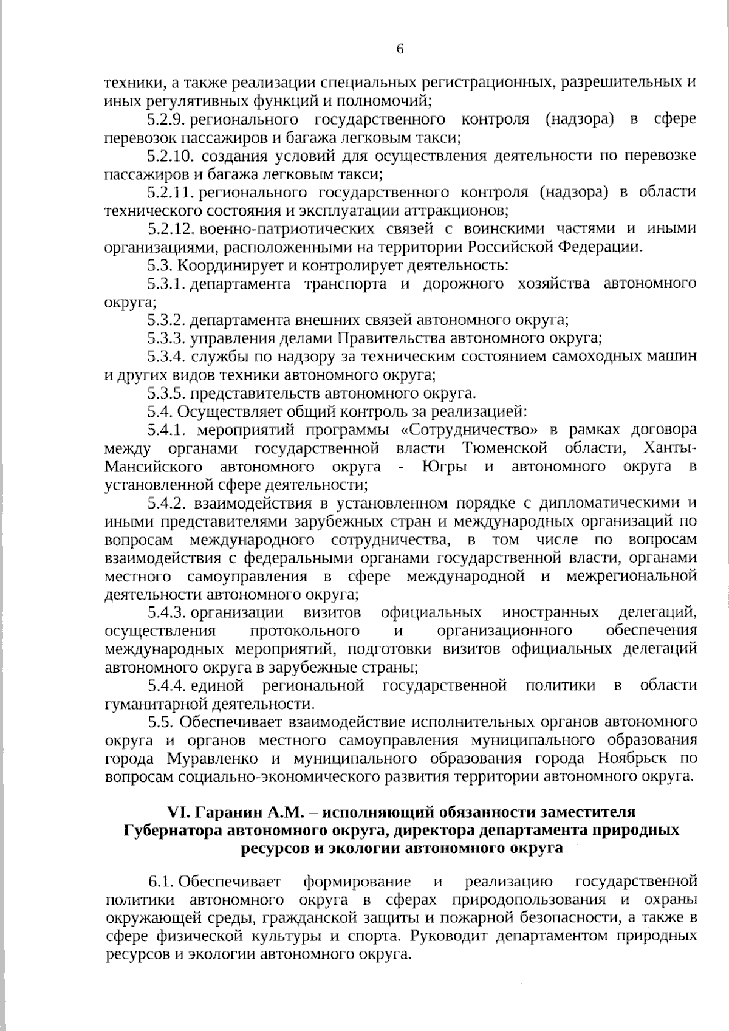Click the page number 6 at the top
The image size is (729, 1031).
400,49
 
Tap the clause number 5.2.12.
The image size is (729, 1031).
169,229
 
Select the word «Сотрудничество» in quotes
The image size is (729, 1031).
470,430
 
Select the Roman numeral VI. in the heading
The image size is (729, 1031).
179,812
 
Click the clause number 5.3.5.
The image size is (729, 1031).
166,394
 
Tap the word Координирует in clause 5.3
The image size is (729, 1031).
224,265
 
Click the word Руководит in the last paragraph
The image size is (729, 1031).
449,936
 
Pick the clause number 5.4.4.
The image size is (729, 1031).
166,686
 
